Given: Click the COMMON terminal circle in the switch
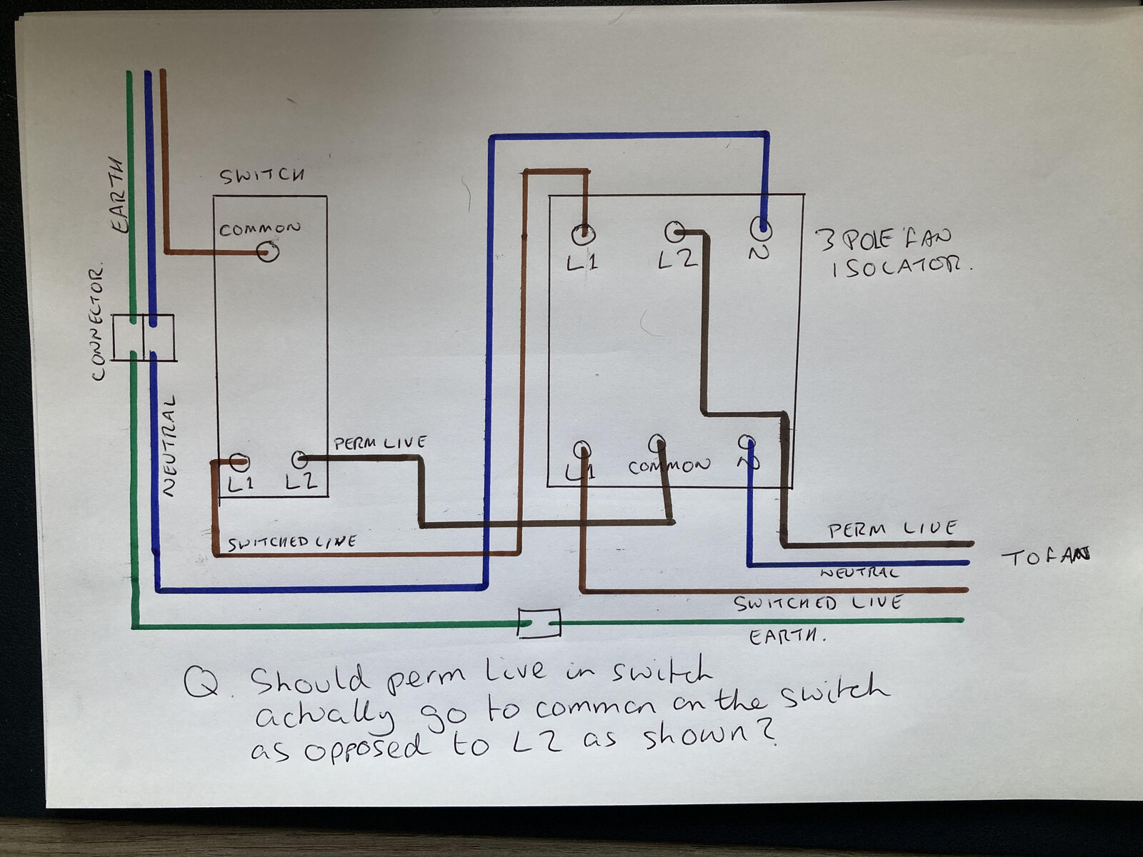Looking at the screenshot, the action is tap(268, 252).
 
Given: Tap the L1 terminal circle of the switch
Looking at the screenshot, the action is tap(239, 461).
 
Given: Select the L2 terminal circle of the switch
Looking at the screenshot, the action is tap(299, 459).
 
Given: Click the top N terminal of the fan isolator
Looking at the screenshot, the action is tap(762, 228).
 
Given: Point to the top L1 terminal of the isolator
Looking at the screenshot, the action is tap(583, 234).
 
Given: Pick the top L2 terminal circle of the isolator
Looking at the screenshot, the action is tap(675, 232).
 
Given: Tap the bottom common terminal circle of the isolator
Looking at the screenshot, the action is tap(657, 443).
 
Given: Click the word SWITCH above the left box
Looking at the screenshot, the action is tap(262, 176).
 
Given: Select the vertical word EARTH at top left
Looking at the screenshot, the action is tap(118, 194).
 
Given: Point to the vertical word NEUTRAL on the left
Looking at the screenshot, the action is tap(169, 446).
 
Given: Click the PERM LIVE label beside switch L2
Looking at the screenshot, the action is tap(379, 443).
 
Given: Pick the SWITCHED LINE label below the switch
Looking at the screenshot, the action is tap(292, 543).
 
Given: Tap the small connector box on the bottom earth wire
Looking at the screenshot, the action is tap(539, 623).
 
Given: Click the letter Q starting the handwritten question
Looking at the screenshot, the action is tap(201, 683).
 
